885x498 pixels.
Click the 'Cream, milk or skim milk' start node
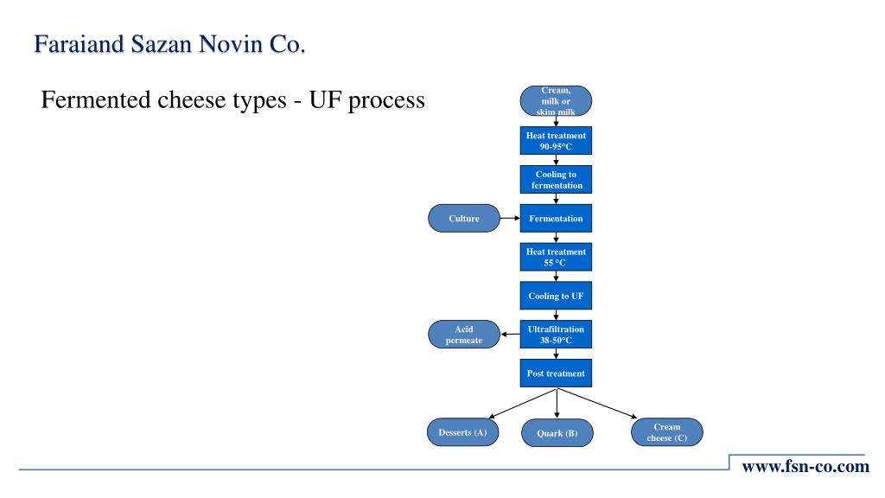tap(556, 100)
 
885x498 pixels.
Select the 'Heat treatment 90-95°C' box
tap(556, 141)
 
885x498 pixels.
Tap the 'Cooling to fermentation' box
tap(556, 180)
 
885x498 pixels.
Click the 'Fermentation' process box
tap(556, 219)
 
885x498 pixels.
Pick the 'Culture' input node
tap(464, 219)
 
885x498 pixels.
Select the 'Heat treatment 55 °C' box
tap(556, 258)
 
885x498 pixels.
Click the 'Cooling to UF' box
tap(556, 296)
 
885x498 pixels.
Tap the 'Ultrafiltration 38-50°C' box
tap(556, 335)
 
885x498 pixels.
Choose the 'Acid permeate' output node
tap(464, 335)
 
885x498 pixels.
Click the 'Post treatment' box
tap(556, 373)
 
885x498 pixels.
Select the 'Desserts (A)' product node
tap(463, 431)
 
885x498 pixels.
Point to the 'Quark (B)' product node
tap(557, 433)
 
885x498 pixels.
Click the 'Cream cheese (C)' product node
tap(666, 431)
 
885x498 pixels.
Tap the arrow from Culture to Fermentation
tap(510, 219)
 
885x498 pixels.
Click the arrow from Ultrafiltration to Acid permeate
tap(510, 335)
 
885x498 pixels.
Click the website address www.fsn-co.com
tap(805, 468)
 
